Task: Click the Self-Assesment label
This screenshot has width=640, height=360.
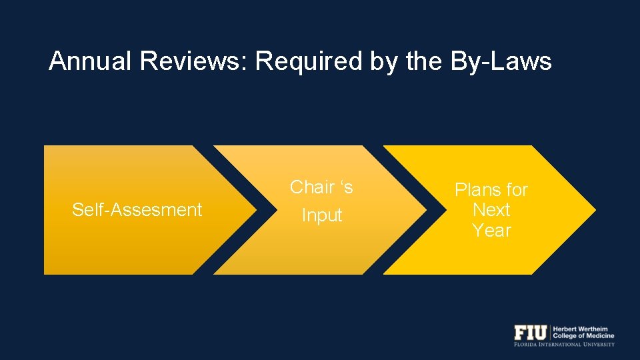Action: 137,210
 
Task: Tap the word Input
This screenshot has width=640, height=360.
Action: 322,216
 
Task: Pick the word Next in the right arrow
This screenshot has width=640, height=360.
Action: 491,210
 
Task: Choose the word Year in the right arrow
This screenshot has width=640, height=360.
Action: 491,231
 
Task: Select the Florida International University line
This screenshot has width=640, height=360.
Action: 564,345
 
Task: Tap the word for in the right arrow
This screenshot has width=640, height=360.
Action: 517,190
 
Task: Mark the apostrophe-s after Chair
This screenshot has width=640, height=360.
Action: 345,187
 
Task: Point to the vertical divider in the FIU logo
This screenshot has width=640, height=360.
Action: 550,332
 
